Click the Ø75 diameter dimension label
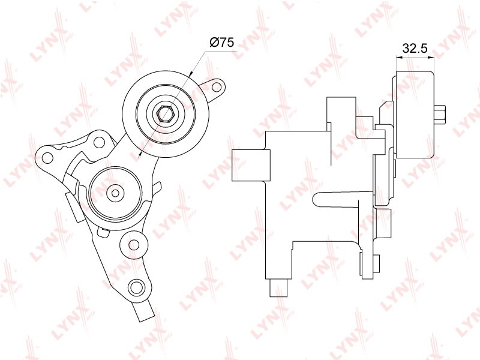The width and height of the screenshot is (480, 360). (221, 42)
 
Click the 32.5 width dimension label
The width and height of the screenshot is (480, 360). (415, 48)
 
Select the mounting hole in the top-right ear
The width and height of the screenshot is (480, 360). (217, 87)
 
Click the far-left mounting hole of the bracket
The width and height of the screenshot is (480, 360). (47, 158)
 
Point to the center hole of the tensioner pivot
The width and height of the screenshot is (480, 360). (115, 193)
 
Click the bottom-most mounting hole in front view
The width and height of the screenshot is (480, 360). (136, 287)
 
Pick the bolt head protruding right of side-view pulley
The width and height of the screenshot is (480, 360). (440, 115)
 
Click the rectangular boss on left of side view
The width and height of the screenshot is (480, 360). (251, 165)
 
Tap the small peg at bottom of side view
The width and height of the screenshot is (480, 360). (278, 288)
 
